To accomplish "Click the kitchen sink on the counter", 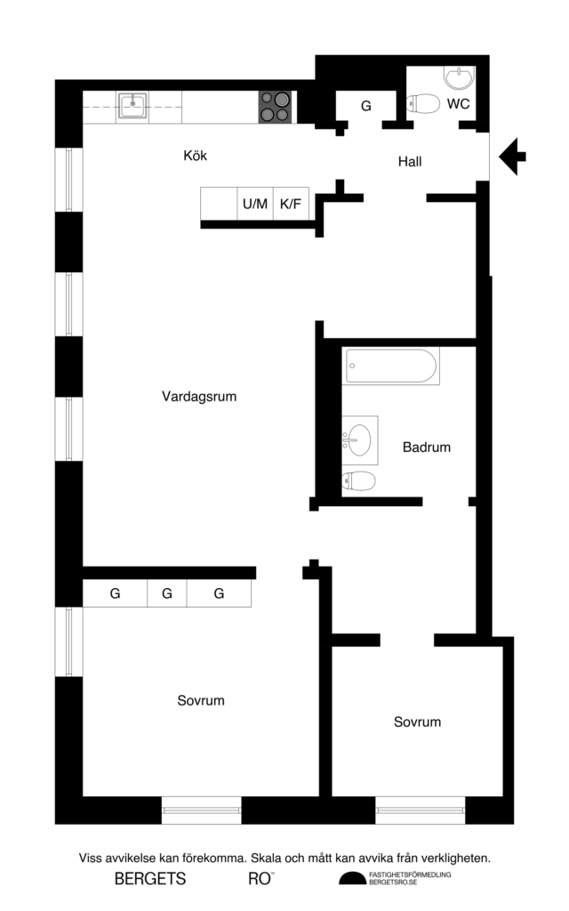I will pyautogui.click(x=132, y=105).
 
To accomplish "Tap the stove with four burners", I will pyautogui.click(x=276, y=107).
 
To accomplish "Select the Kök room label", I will pyautogui.click(x=196, y=156).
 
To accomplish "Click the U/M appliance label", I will pyautogui.click(x=255, y=205).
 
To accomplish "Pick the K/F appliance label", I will pyautogui.click(x=291, y=205).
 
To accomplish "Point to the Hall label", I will pyautogui.click(x=409, y=162).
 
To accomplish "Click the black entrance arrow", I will pyautogui.click(x=512, y=157).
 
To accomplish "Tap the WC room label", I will pyautogui.click(x=459, y=104).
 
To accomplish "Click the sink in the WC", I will pyautogui.click(x=459, y=78).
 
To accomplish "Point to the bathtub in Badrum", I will pyautogui.click(x=392, y=367).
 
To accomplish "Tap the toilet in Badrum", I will pyautogui.click(x=359, y=481).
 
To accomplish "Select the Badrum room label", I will pyautogui.click(x=426, y=447).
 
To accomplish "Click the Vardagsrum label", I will pyautogui.click(x=199, y=397).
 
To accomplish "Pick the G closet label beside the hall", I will pyautogui.click(x=365, y=106).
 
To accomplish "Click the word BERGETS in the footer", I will pyautogui.click(x=150, y=880).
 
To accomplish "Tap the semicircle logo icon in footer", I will pyautogui.click(x=352, y=880).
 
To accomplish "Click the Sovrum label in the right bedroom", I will pyautogui.click(x=417, y=722).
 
